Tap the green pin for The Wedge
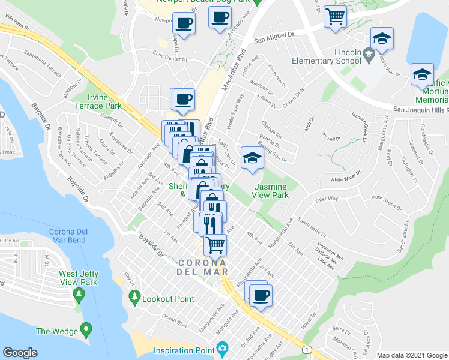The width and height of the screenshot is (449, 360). [x=87, y=329]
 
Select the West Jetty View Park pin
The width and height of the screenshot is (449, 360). [x=78, y=294]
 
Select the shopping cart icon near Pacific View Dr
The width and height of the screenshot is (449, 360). [x=335, y=16]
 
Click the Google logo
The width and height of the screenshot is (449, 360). [x=20, y=353]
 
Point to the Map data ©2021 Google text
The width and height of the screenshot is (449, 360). [x=412, y=355]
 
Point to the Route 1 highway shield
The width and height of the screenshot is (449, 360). [x=308, y=349]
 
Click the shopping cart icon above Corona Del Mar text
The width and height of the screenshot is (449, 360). [x=215, y=244]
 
